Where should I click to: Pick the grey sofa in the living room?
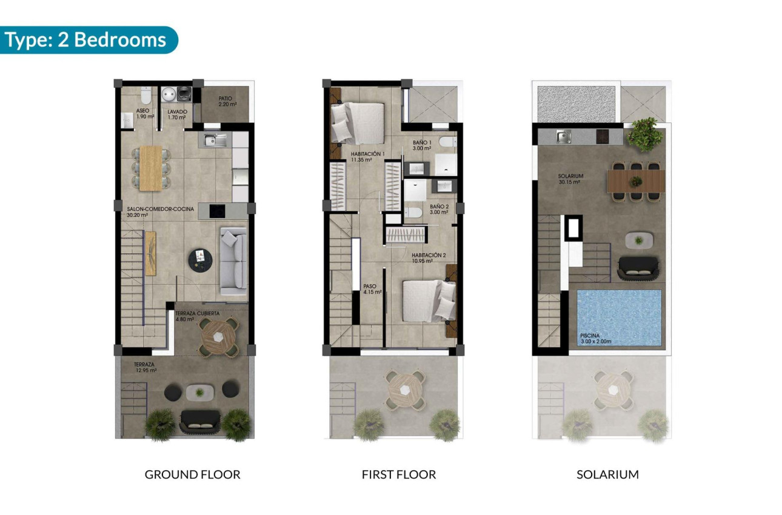(x=233, y=261)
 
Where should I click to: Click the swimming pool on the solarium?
(x=618, y=317)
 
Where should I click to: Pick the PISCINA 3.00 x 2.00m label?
(x=601, y=338)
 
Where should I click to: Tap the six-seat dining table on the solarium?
(x=636, y=181)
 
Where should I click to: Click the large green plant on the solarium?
(x=644, y=134)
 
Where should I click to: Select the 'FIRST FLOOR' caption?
(x=398, y=474)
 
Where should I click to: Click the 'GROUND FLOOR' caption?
(x=192, y=474)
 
